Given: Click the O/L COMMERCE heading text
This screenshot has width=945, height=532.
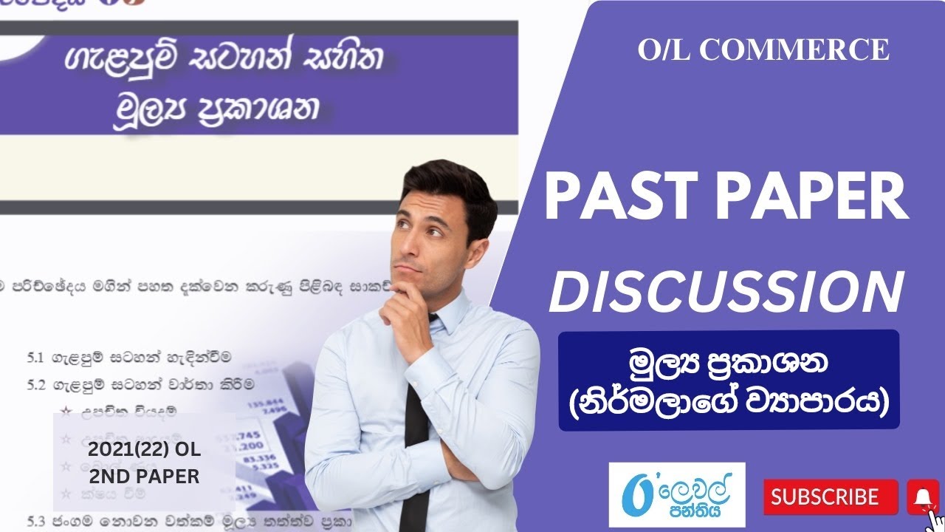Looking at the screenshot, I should [x=763, y=50].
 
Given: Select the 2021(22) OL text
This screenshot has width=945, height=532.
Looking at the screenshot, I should [x=144, y=450].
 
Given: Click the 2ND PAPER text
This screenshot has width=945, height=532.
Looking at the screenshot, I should [x=144, y=477].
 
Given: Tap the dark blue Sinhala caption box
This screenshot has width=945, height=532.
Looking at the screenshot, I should [x=729, y=380].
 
